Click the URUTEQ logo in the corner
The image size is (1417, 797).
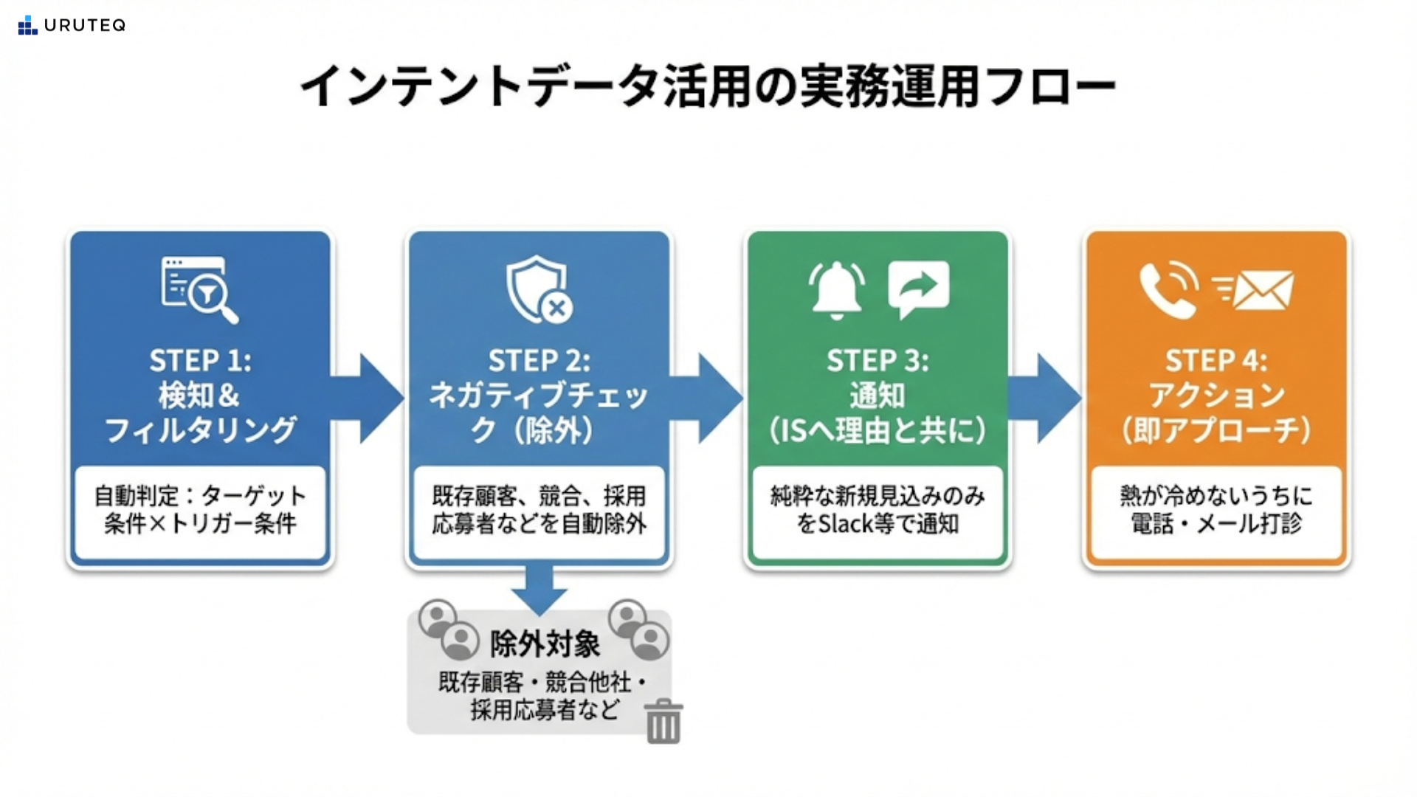click(x=72, y=25)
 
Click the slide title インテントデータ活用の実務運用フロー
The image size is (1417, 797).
click(x=707, y=87)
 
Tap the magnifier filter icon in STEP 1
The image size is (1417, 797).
click(x=200, y=289)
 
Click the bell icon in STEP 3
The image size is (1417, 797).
click(x=836, y=289)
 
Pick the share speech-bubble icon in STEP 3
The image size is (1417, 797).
click(x=918, y=289)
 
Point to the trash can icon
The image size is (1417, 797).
click(x=663, y=721)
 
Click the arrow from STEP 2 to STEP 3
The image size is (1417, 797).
click(x=709, y=398)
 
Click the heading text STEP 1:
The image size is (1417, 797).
click(x=200, y=361)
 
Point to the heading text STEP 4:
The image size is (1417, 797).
click(x=1216, y=361)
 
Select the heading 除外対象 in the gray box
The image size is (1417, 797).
click(x=545, y=644)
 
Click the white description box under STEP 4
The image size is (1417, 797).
click(x=1216, y=511)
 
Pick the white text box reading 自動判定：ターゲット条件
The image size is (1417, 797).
click(x=200, y=511)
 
